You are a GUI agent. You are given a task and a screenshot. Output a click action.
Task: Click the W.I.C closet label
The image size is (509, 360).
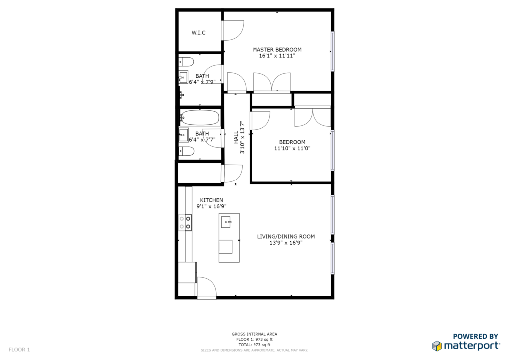198,33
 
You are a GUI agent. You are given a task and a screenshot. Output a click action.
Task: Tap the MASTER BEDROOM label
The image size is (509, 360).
277,50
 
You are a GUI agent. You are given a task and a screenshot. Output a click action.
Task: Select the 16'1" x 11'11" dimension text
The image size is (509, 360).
277,56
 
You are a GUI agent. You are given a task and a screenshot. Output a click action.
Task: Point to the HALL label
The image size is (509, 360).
236,137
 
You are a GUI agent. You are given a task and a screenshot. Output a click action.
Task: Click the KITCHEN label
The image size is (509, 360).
211,200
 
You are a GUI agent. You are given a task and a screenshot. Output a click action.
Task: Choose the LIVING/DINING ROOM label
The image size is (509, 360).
286,236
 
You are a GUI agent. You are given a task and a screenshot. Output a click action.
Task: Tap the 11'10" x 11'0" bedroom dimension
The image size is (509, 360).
292,148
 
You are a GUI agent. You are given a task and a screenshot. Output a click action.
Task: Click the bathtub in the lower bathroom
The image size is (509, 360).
200,118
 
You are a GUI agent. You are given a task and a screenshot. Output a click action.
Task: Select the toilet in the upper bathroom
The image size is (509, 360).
187,61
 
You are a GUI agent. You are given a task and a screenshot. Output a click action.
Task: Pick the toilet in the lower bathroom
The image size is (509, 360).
187,151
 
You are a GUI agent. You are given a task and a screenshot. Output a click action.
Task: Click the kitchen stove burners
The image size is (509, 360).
185,222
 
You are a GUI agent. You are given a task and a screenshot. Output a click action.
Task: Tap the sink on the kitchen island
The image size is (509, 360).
226,222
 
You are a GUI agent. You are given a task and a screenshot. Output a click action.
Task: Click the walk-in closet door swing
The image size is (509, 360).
234,30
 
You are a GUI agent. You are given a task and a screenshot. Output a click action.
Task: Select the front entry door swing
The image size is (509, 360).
206,287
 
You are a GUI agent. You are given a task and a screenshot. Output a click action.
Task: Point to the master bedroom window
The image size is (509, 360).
332,51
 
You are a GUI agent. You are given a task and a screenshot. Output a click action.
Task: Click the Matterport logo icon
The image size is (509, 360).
437,346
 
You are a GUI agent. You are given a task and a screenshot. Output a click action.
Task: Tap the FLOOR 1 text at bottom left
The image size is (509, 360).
19,350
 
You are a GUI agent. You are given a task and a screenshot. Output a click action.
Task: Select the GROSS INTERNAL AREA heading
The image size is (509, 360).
254,334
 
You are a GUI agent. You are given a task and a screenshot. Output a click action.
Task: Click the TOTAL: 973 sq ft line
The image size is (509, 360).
254,345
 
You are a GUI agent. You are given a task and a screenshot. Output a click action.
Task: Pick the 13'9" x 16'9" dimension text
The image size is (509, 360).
286,243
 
